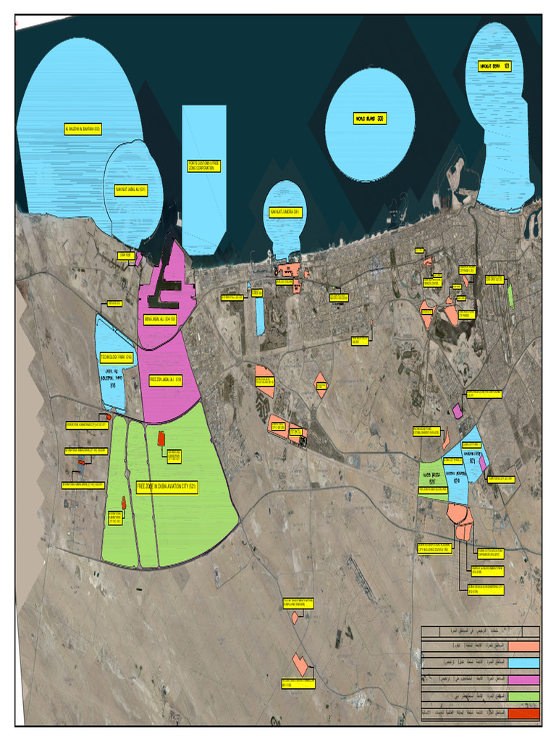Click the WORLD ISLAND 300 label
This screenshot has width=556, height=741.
[x=370, y=119]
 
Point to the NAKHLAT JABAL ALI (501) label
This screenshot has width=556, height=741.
[x=131, y=191]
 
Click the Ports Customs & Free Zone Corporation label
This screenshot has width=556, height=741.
[x=203, y=166]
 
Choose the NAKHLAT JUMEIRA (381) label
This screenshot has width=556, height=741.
[x=285, y=212]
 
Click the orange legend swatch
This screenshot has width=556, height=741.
[x=523, y=646]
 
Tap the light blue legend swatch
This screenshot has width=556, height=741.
[x=523, y=663]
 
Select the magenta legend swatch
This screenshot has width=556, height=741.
[x=523, y=679]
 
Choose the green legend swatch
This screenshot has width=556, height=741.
[x=523, y=696]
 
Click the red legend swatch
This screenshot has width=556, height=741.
[x=523, y=714]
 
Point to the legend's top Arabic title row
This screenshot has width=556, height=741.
[x=480, y=630]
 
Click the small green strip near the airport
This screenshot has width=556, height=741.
[x=510, y=297]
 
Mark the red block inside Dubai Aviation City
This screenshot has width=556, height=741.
[x=161, y=438]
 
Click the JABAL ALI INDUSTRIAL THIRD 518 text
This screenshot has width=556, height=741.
[x=112, y=378]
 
